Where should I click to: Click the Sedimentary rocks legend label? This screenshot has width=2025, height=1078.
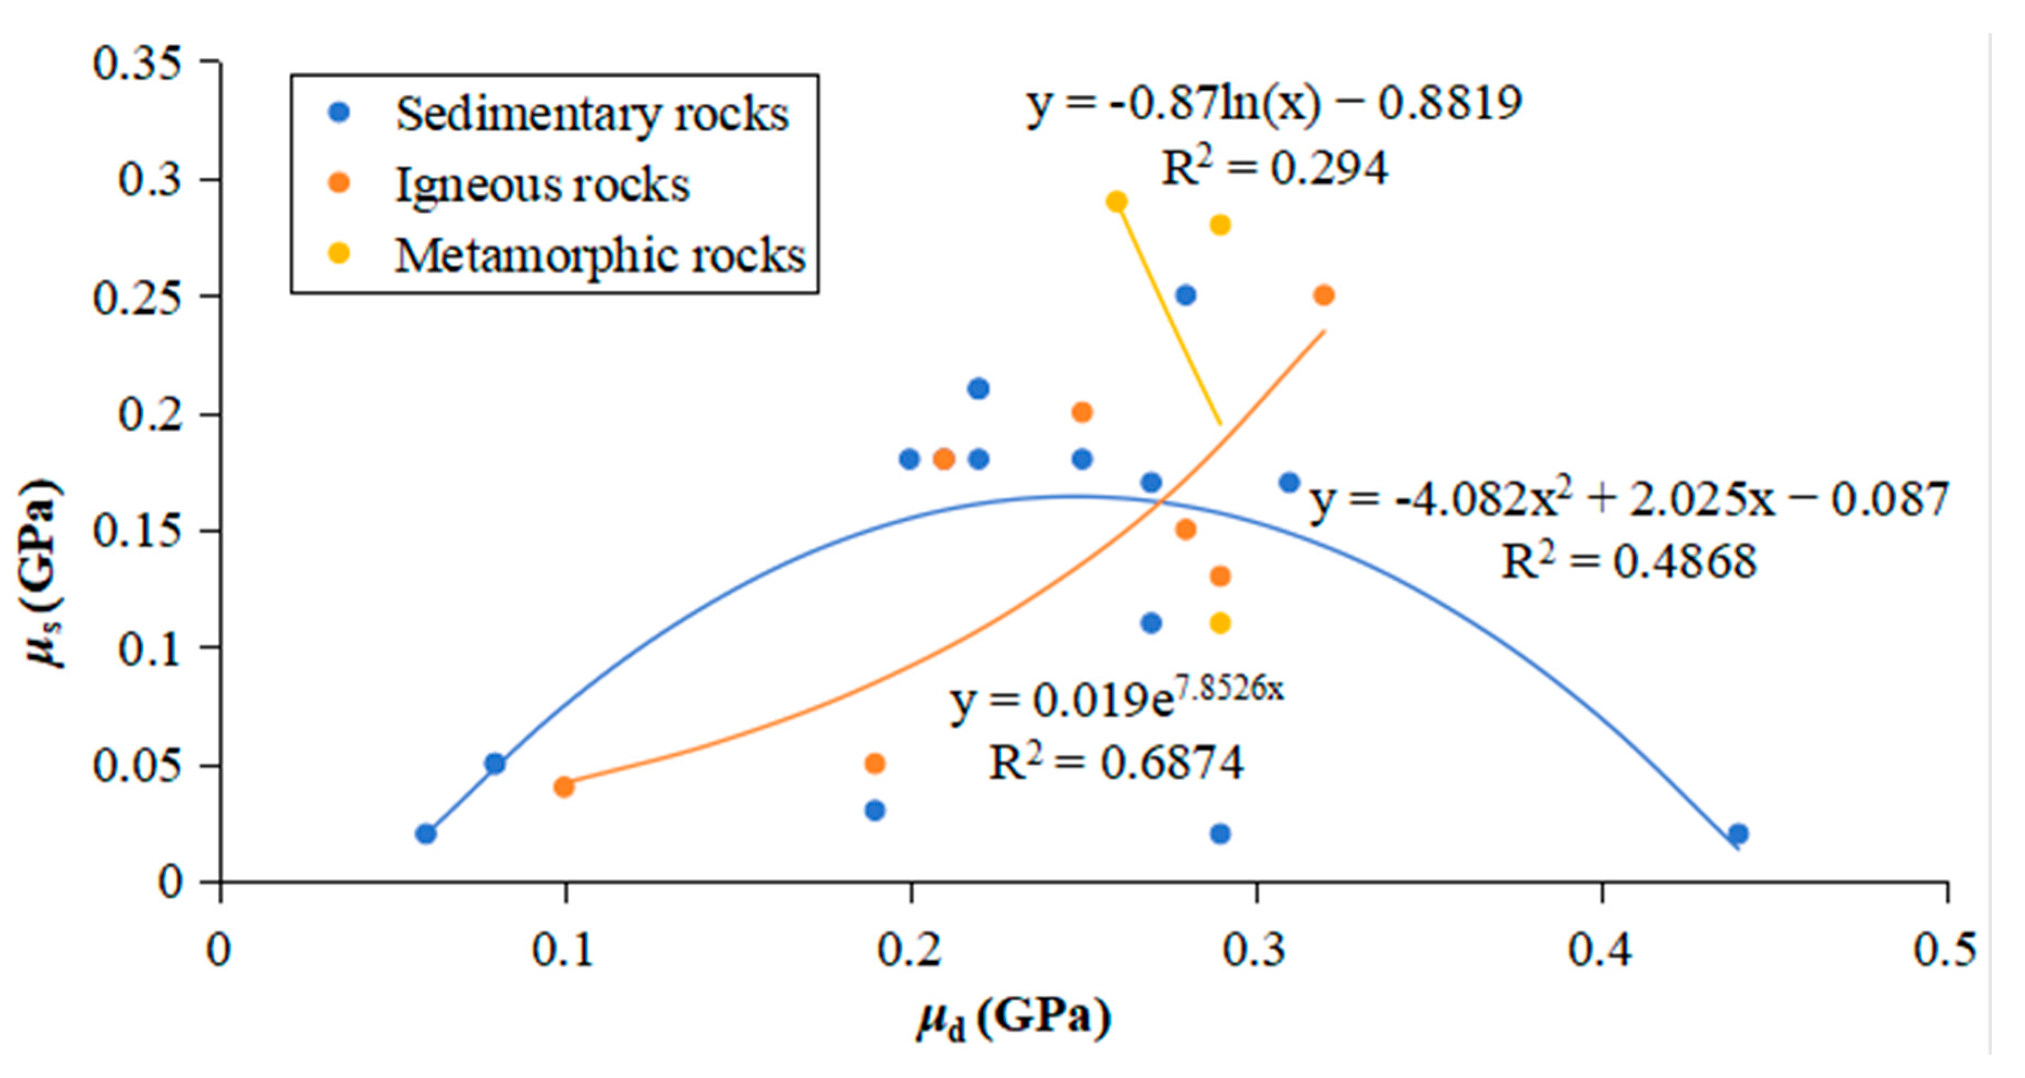pos(591,115)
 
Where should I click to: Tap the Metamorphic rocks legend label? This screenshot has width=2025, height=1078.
pos(600,256)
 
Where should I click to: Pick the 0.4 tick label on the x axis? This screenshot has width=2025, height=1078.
pos(1601,949)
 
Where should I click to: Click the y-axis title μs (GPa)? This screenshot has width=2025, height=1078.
pos(43,574)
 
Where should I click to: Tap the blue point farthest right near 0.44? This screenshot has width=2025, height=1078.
pos(1739,834)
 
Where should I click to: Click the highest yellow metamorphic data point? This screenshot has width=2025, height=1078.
pos(1116,202)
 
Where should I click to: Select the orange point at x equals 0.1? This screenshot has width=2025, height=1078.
pos(564,786)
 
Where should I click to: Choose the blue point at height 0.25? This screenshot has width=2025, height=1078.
pos(1185,295)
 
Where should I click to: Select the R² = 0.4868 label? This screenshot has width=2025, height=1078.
pos(1629,562)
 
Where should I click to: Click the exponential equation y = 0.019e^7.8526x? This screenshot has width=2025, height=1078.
pos(1116,698)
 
